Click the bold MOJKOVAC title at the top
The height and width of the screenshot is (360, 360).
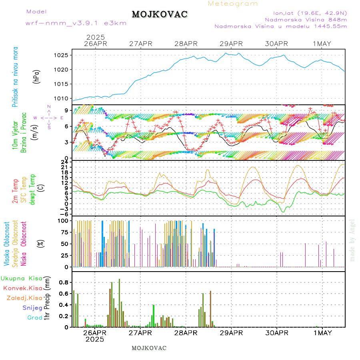tap(160, 14)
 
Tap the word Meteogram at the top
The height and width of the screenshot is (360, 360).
tap(233, 4)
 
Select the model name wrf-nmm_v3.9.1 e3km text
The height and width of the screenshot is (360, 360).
tap(76, 23)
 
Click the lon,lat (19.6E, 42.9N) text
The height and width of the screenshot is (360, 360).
tap(310, 13)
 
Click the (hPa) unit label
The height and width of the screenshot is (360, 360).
tap(37, 76)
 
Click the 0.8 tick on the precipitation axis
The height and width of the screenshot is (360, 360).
tap(64, 282)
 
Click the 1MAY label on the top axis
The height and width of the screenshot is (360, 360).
tap(322, 44)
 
